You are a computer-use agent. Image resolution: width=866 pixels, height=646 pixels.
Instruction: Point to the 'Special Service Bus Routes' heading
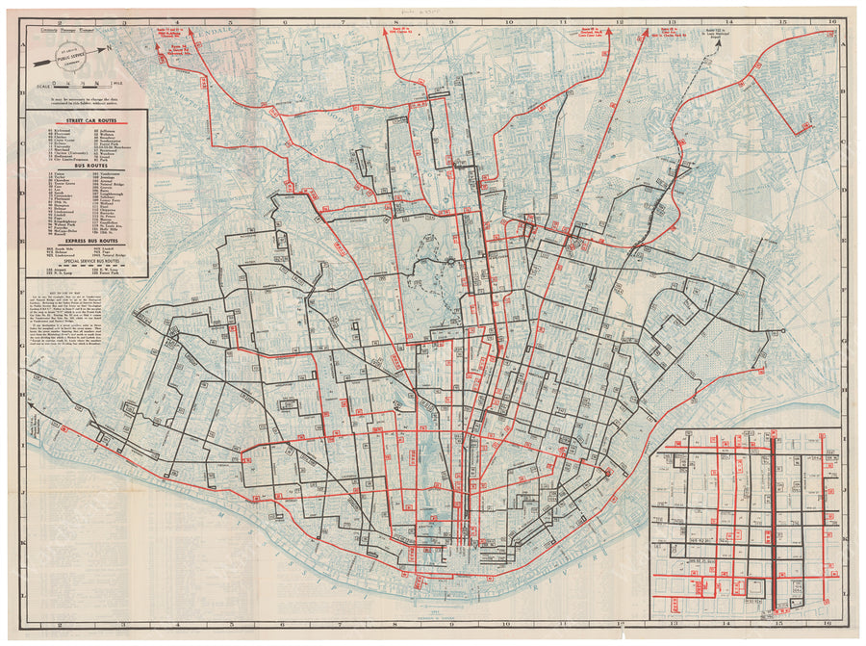coord(86,260)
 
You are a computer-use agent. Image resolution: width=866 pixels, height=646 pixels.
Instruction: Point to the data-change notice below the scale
coord(85,99)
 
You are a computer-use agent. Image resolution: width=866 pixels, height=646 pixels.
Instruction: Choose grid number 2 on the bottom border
coord(60,626)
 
